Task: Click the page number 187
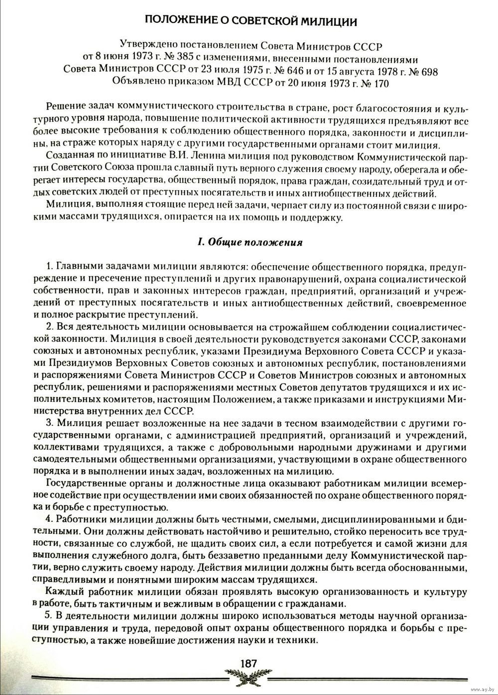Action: pos(248,663)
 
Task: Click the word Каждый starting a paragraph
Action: pos(61,592)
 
